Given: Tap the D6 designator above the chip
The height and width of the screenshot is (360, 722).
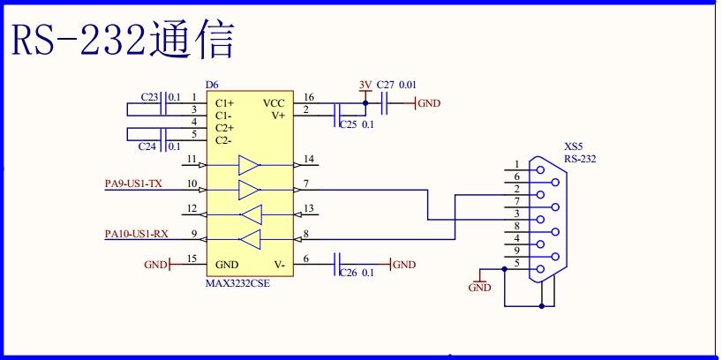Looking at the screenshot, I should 211,85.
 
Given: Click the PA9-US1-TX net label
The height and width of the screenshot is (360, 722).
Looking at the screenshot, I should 133,184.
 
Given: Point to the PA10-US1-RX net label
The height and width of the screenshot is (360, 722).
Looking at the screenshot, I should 136,234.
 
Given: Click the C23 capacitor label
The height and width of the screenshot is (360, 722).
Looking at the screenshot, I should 149,96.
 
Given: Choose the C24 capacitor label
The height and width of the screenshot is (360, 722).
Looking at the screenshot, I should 149,146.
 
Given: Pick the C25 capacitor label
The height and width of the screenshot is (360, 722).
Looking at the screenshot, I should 349,125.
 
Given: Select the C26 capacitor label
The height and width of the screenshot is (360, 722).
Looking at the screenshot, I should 349,273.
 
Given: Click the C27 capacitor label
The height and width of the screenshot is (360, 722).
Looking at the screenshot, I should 385,85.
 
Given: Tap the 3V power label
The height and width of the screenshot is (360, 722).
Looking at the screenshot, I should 365,85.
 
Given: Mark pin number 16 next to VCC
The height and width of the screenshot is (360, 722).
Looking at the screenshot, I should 308,97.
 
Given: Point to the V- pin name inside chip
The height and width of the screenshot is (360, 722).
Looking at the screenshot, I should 279,264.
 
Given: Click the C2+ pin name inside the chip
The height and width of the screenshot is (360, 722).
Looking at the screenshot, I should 224,128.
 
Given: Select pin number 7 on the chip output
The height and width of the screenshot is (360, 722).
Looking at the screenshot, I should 305,184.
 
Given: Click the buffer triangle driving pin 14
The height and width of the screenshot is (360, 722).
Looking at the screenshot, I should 250,164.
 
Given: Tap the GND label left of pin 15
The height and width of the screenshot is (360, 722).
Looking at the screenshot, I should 154,264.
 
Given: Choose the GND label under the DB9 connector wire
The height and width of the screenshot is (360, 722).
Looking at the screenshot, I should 479,288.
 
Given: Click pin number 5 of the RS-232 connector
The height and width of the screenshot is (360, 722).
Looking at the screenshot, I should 516,264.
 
